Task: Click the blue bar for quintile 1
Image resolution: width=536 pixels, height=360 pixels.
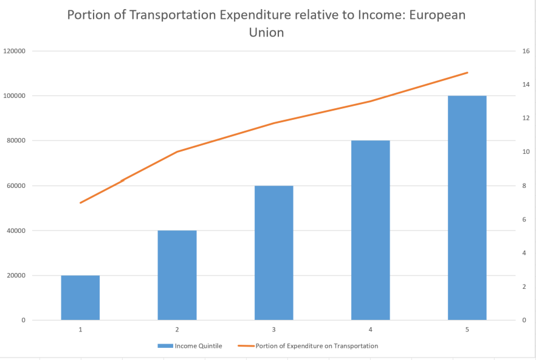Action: [80, 297]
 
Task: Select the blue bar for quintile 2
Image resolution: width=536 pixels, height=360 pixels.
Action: [177, 275]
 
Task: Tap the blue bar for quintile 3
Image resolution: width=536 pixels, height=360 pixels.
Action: [273, 252]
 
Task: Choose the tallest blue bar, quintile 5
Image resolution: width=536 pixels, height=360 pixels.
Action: [467, 207]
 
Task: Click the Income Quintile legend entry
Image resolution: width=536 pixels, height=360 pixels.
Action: [190, 346]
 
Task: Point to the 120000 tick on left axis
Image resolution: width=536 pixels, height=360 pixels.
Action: [14, 51]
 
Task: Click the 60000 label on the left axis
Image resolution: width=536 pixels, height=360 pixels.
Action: [16, 185]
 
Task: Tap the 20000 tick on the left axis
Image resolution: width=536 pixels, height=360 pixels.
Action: [16, 275]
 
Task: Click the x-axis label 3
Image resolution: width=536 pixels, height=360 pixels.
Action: [273, 329]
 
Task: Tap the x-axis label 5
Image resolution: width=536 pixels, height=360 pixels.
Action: [467, 329]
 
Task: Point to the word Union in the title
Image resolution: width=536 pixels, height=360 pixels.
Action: [266, 33]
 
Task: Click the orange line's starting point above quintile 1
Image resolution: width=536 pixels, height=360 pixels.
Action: [80, 202]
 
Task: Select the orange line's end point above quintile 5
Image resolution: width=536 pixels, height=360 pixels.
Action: [467, 72]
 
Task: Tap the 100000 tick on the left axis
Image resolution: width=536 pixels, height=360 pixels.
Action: [14, 96]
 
